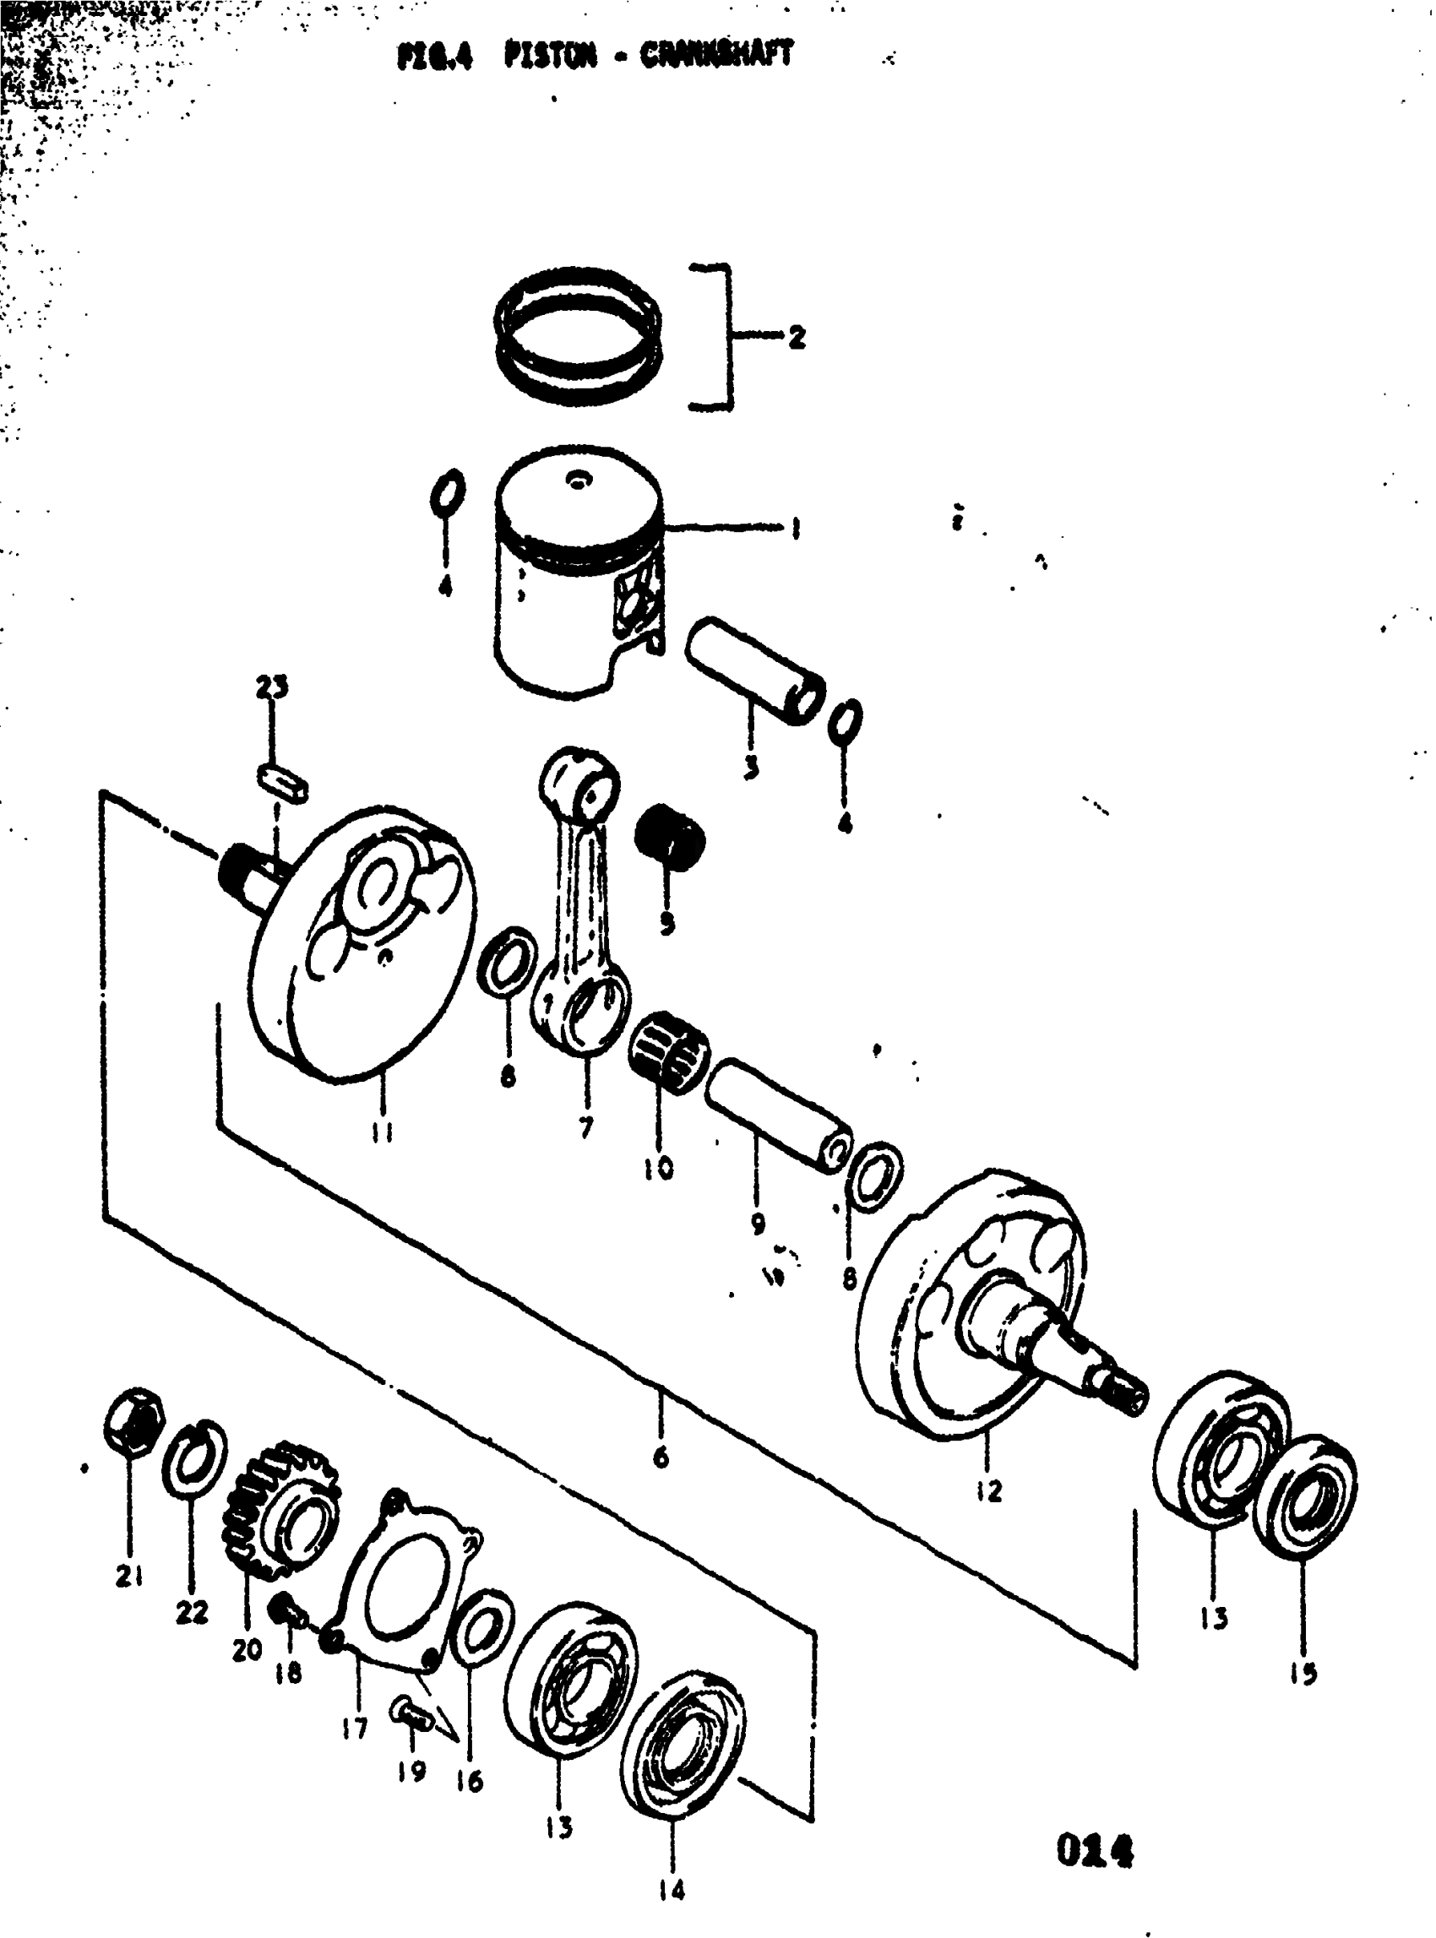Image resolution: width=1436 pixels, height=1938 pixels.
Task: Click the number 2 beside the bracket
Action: tap(797, 337)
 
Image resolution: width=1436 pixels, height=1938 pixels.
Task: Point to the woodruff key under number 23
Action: tap(283, 779)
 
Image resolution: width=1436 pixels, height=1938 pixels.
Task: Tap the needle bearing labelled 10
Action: tap(667, 1048)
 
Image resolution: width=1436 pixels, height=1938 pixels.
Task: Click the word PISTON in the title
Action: tap(551, 57)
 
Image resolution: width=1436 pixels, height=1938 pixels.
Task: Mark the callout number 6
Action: tap(661, 1456)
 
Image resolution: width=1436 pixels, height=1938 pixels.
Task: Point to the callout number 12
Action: tap(988, 1490)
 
